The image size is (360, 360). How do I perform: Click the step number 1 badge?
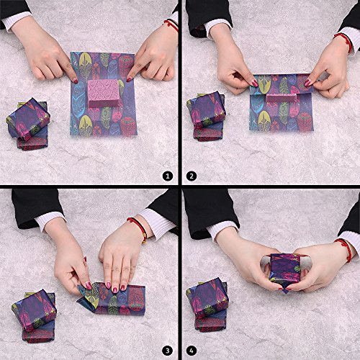[x=168, y=176]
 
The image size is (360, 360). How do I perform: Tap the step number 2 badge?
[x=192, y=176]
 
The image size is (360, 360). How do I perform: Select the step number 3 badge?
[x=168, y=351]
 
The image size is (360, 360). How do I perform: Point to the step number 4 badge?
[x=192, y=351]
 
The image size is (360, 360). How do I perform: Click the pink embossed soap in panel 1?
[x=104, y=94]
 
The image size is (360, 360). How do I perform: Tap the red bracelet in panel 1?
[x=171, y=25]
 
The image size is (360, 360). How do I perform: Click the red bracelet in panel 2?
[x=344, y=42]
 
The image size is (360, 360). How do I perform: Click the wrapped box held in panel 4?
[x=285, y=268]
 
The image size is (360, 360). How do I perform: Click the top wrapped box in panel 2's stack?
[x=207, y=109]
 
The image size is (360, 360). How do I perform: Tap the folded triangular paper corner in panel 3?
[x=87, y=296]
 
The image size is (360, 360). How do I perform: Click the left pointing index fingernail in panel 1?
[x=76, y=81]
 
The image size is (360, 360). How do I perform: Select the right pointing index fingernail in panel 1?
[x=129, y=79]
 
